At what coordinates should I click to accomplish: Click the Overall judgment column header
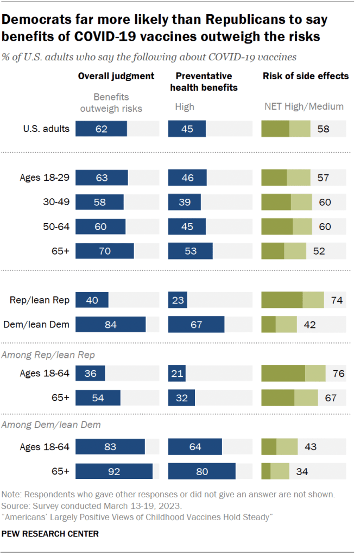116,76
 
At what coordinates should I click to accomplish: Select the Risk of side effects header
305,76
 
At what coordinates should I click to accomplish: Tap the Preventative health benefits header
203,81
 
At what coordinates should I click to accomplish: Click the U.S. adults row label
46,129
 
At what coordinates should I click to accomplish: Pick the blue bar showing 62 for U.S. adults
101,129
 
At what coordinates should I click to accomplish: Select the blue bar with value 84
110,325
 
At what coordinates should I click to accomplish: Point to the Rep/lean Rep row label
39,300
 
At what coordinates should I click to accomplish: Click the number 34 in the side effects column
301,471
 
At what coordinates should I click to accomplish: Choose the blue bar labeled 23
178,300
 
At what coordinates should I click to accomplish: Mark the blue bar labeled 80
201,471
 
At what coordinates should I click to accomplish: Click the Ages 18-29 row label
45,178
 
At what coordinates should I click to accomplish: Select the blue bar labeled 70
104,251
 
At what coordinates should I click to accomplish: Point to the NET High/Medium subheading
304,106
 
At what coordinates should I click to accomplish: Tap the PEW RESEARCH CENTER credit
50,534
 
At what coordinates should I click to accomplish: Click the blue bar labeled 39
184,203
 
